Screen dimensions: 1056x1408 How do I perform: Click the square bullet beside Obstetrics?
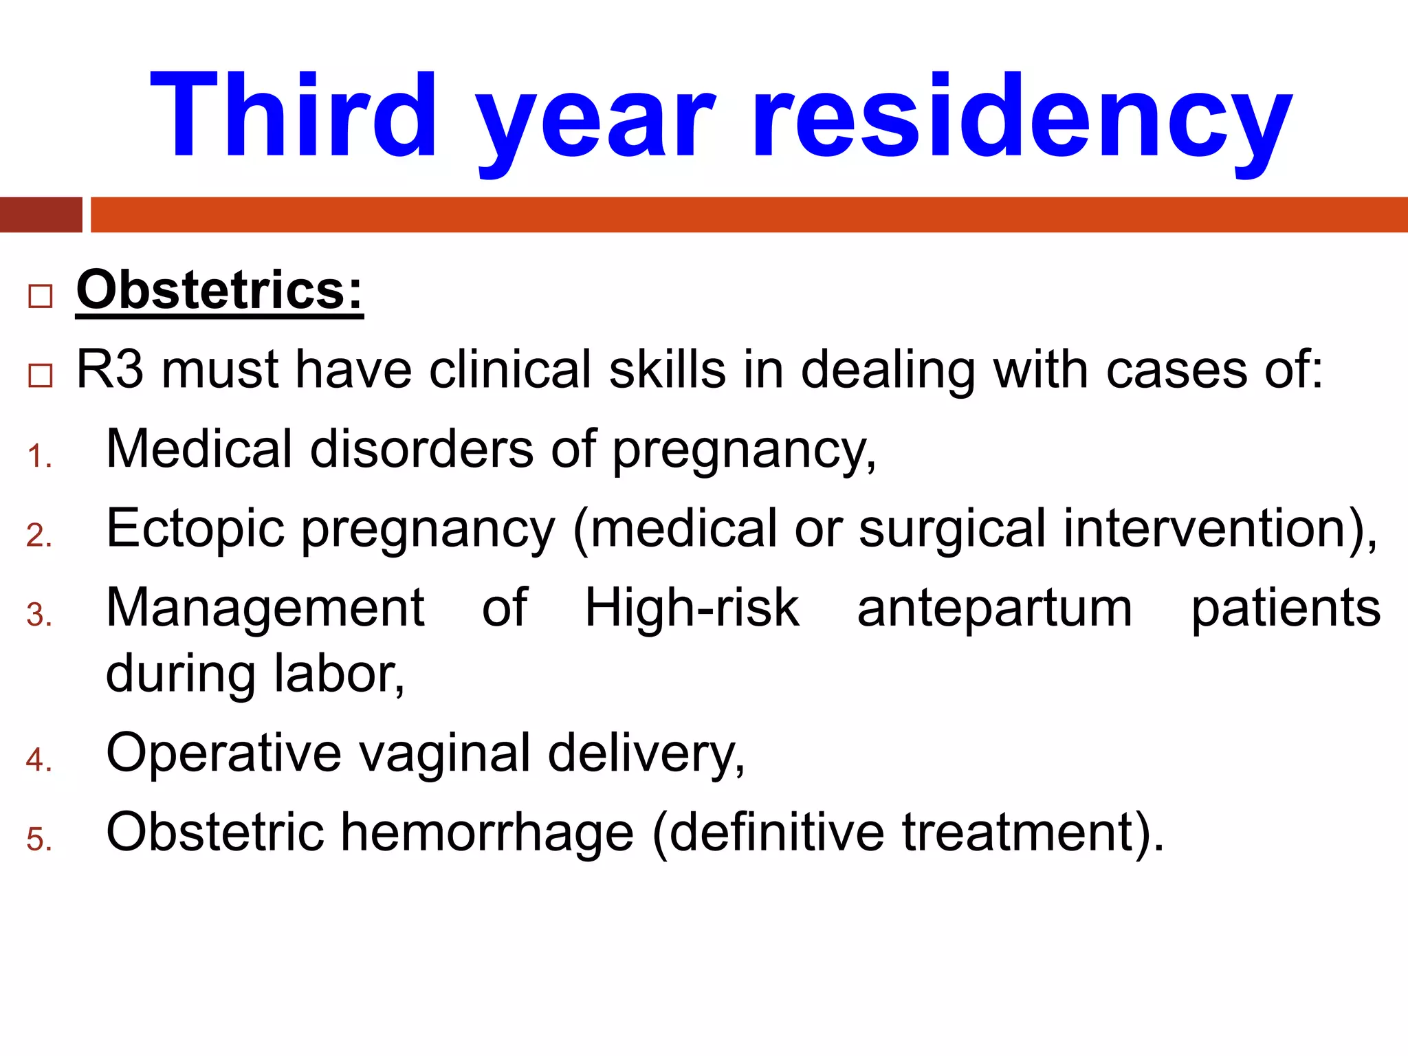pos(41,296)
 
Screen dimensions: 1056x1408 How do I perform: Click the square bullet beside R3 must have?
pos(41,375)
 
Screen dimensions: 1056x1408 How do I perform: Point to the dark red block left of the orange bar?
pos(41,214)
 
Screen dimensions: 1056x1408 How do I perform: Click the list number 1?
pos(39,457)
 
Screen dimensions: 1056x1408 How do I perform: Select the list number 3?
pos(39,615)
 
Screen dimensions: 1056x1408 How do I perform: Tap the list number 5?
pos(39,840)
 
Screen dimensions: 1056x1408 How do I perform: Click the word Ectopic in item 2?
pos(195,529)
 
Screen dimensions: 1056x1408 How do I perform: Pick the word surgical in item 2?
pos(952,529)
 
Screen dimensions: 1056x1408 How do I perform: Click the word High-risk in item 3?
pos(692,608)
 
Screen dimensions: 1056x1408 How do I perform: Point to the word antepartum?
pos(995,608)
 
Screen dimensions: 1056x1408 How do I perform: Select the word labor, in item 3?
pos(340,674)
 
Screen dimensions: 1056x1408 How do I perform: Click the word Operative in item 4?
pos(223,753)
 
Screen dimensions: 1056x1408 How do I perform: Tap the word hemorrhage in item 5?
pos(487,833)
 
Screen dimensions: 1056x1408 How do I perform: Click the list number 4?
pos(39,760)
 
